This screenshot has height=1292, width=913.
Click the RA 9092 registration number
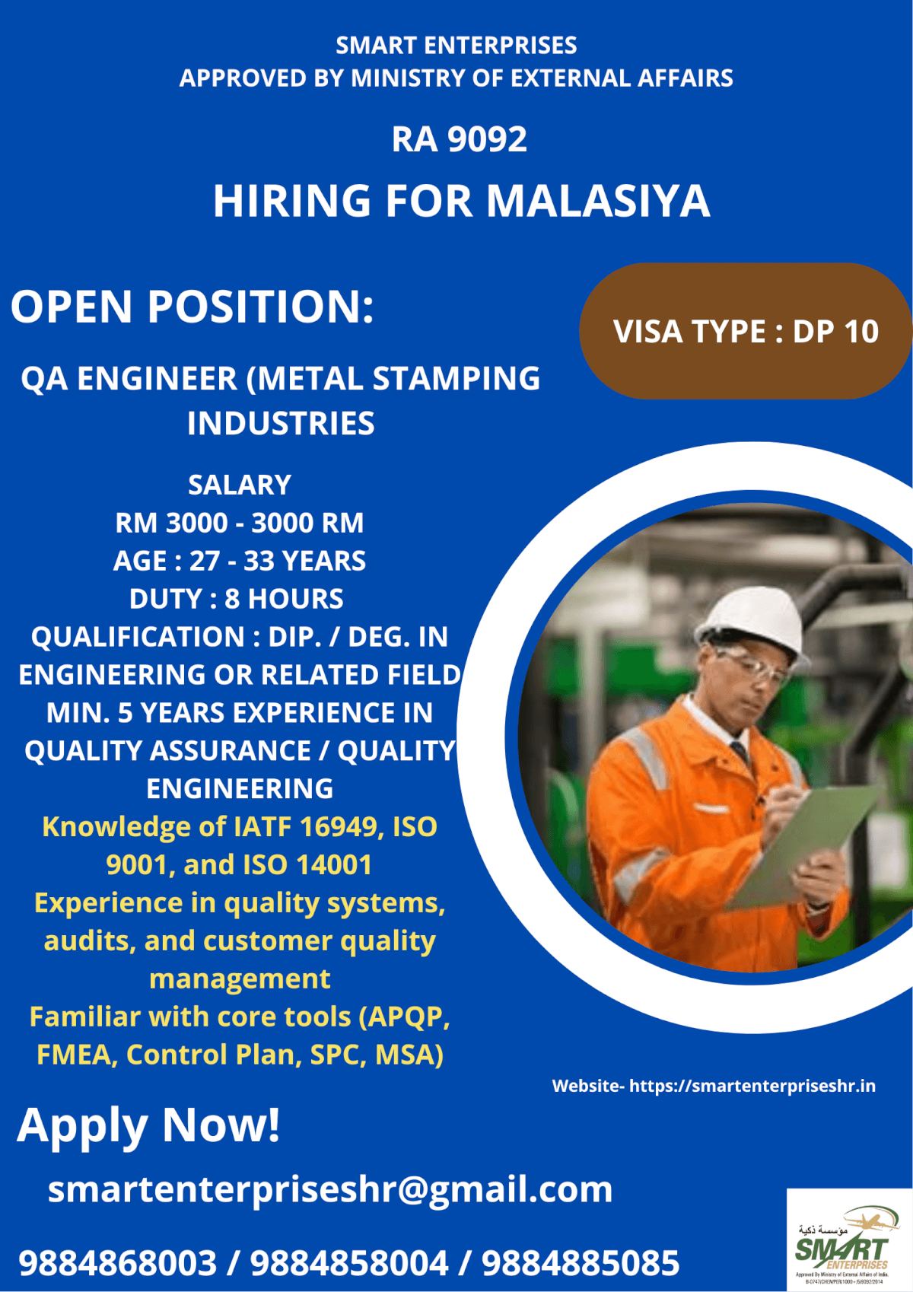click(x=459, y=139)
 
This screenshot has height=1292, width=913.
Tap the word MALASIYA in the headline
click(x=597, y=202)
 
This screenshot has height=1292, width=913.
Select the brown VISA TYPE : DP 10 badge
click(x=746, y=331)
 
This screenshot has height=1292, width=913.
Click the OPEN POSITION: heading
click(x=192, y=307)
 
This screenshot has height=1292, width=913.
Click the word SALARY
click(x=240, y=485)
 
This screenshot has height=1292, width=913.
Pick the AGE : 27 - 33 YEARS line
click(x=240, y=561)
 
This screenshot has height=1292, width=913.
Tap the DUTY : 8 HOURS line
click(x=237, y=599)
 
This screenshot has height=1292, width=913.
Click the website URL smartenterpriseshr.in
click(x=752, y=1086)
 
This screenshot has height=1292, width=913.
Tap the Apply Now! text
click(x=149, y=1125)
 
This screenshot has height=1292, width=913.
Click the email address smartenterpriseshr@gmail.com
click(x=330, y=1189)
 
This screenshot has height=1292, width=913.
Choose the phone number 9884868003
click(x=118, y=1263)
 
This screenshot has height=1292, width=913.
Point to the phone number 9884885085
click(x=581, y=1263)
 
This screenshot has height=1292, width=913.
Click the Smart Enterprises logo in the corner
click(x=848, y=1240)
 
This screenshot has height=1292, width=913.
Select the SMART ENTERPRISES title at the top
click(x=456, y=46)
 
